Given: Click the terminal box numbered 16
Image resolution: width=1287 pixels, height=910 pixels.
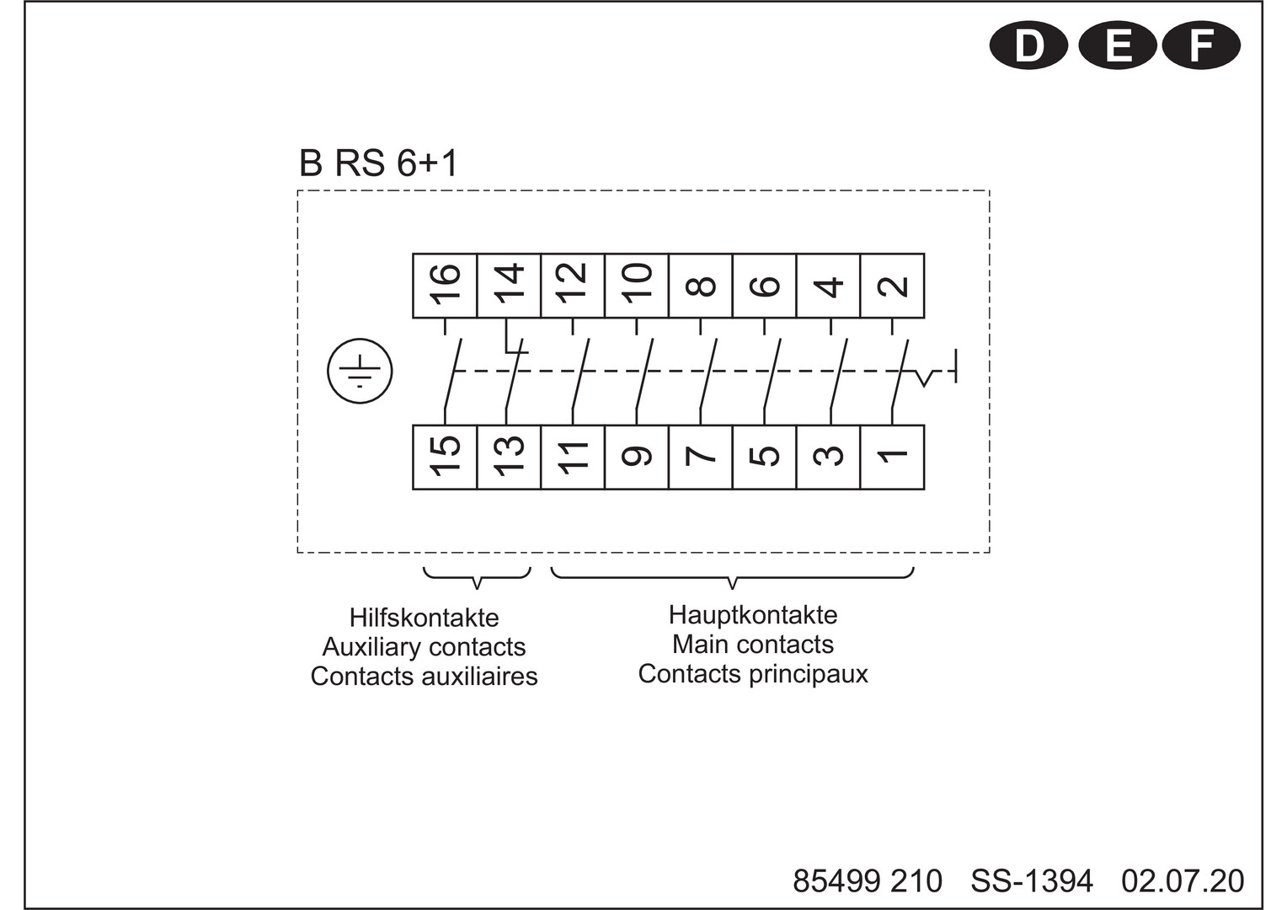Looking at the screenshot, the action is point(446,286).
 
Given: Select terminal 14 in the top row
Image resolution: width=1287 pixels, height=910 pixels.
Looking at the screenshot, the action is point(509,286).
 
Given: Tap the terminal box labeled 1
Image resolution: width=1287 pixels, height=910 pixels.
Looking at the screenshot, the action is point(892,458).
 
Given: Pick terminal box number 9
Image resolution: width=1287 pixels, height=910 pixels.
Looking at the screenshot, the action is point(637,458).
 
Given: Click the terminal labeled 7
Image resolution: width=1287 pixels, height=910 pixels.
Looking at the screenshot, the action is point(701,458).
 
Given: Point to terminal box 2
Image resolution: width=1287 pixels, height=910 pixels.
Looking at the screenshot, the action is point(892,286).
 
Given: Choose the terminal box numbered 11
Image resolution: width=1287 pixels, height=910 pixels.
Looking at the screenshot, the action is point(573,458).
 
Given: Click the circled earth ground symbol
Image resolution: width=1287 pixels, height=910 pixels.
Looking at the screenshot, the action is point(360,371).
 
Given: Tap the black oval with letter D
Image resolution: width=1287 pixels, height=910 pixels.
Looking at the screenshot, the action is point(1028,45).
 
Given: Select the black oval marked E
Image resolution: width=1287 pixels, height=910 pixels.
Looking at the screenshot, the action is point(1118,45).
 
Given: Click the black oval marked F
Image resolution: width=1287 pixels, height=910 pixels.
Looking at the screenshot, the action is point(1201,45).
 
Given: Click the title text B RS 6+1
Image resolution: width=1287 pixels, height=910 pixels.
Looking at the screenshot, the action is point(379,163).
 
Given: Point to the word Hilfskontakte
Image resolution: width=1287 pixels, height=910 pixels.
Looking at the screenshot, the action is point(424,618).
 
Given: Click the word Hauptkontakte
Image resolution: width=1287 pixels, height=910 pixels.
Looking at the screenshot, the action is point(753,615).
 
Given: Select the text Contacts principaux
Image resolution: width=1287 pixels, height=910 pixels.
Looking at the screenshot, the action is point(753,674).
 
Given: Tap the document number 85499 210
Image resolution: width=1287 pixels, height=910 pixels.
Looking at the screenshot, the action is point(868,881).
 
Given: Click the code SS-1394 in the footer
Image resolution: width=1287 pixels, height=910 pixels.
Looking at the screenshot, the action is point(1032,881).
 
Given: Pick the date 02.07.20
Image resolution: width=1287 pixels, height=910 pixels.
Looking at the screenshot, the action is point(1183,881).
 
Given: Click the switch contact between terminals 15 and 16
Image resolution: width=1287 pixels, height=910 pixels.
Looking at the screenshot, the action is point(452,373).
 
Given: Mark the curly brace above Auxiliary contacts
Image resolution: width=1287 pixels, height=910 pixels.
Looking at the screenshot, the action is point(477,576).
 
